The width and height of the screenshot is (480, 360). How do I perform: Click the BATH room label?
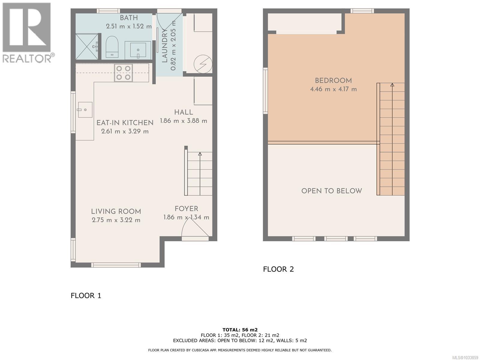(129, 18)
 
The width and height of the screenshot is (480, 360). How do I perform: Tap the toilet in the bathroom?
(112, 47)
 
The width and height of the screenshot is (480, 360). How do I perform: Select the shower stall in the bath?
(86, 46)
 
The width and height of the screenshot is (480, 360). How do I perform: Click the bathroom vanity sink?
(138, 50)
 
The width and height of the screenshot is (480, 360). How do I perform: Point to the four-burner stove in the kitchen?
(123, 73)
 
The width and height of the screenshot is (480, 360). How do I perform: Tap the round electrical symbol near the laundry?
(203, 64)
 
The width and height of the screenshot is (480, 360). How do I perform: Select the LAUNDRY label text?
(165, 46)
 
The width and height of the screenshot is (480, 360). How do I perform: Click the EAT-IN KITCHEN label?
(125, 123)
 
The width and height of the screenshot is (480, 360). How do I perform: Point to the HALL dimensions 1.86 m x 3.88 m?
(184, 121)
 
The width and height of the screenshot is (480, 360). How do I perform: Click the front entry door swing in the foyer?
(194, 228)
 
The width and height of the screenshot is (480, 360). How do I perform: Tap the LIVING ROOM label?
(116, 211)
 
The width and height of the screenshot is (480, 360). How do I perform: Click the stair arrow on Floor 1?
(200, 154)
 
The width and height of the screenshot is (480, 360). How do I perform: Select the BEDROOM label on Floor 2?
(333, 81)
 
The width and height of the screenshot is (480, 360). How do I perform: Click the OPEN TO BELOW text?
(331, 191)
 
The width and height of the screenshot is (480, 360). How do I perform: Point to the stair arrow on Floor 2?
(392, 85)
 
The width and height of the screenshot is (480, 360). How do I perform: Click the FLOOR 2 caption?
(278, 269)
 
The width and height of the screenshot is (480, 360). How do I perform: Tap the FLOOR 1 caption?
(86, 295)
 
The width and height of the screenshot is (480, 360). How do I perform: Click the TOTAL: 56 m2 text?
(240, 330)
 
